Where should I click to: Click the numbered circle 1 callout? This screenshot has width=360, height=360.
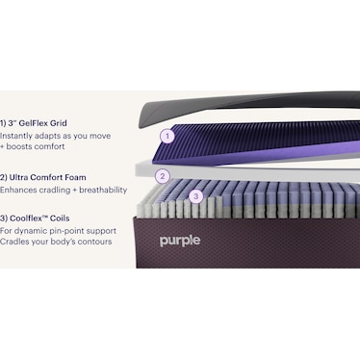[x=167, y=136]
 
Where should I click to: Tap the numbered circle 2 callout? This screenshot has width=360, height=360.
[x=163, y=176]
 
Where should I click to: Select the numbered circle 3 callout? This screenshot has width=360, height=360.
[x=195, y=196]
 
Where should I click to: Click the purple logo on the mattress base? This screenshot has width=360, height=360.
[x=180, y=241]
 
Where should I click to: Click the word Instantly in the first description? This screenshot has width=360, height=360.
[x=17, y=137]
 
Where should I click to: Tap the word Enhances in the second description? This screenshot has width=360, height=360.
[x=19, y=191]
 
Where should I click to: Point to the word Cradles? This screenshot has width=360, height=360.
[x=16, y=242]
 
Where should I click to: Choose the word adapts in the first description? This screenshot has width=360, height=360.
[x=52, y=137]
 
